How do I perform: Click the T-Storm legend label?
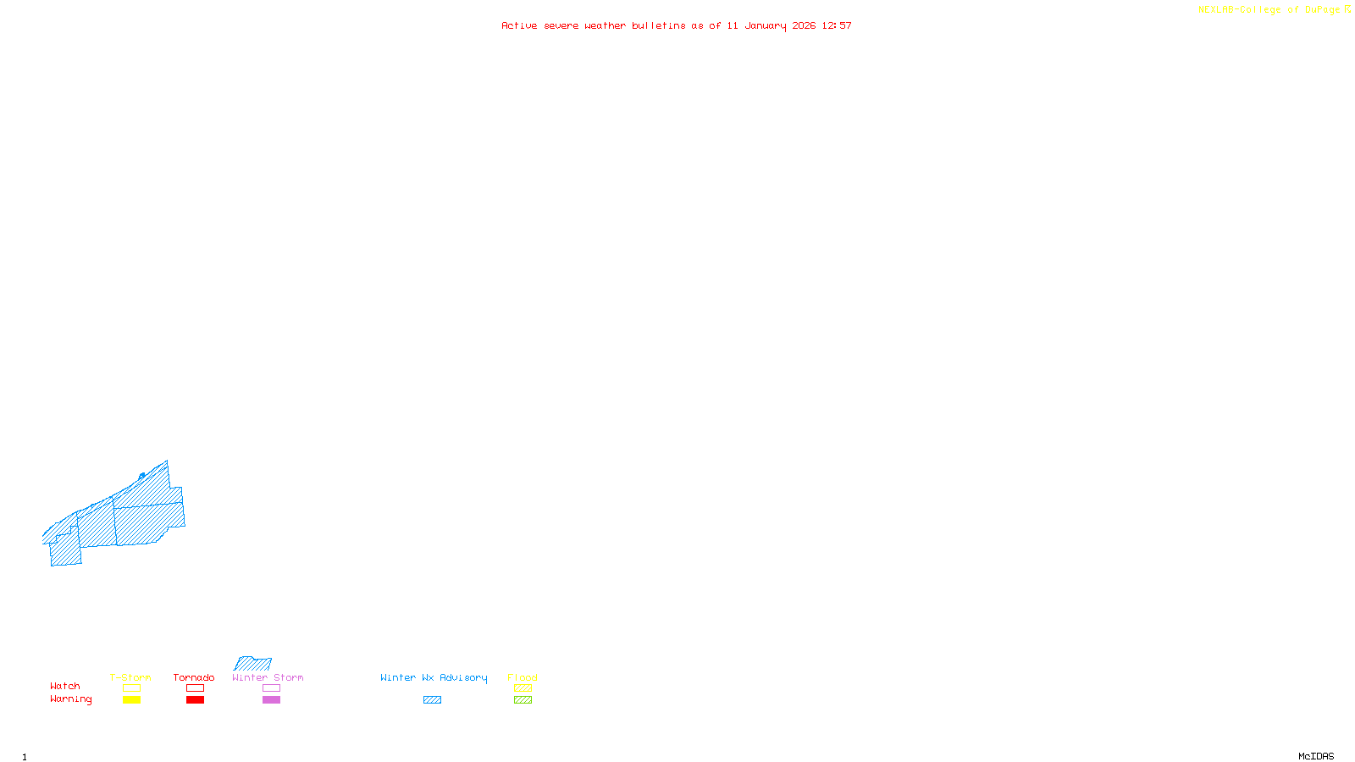coord(130,677)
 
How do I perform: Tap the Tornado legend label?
coord(194,677)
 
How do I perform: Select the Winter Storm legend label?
coord(268,677)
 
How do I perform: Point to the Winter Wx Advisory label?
coord(434,677)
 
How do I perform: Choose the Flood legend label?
coord(523,677)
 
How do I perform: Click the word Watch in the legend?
coord(65,686)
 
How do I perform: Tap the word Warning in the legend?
coord(70,699)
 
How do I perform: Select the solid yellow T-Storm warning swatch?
coord(131,700)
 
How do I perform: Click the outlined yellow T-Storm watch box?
coord(131,688)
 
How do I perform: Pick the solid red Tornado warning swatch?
coord(195,700)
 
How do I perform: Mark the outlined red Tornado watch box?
coord(195,688)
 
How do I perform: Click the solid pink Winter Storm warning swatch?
coord(271,700)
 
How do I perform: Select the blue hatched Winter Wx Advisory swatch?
coord(432,700)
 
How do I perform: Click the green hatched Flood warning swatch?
coord(523,700)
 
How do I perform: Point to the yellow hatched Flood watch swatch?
coord(523,688)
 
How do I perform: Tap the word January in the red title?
coord(766,25)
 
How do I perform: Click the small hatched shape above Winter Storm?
coord(253,664)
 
